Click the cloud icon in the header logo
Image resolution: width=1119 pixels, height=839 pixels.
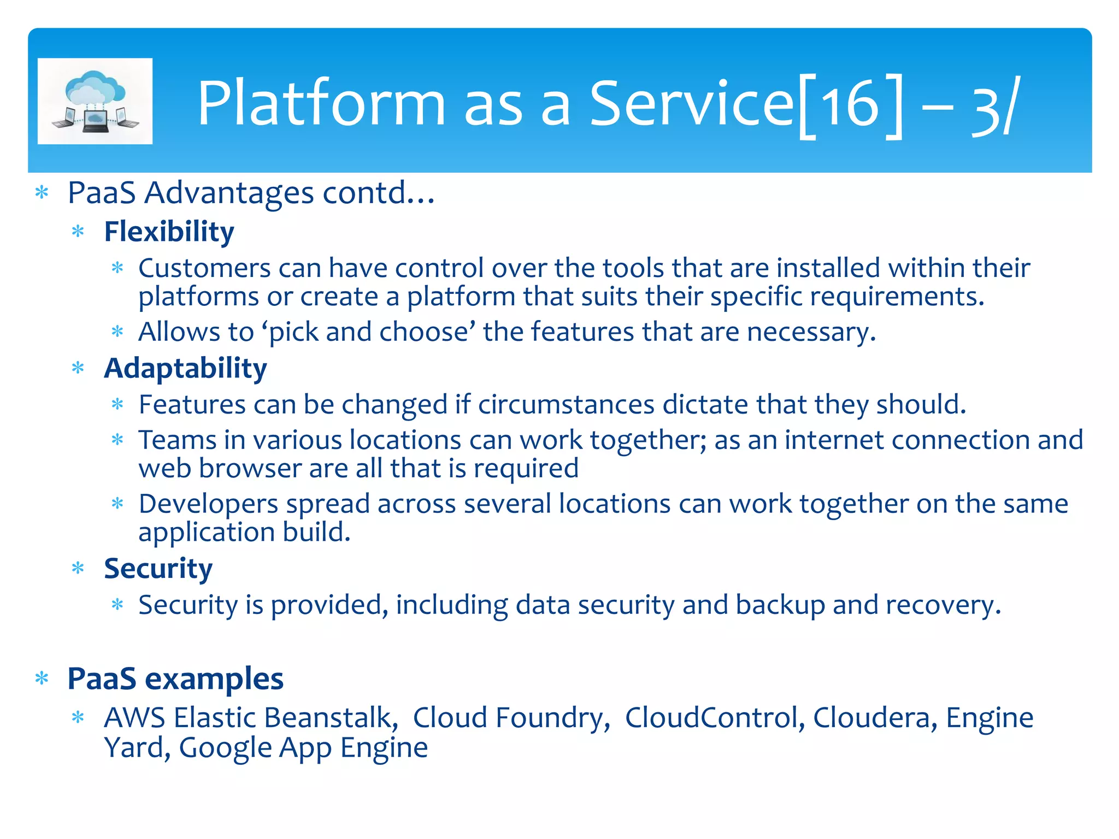pos(95,87)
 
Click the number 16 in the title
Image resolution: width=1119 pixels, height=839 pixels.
pos(850,104)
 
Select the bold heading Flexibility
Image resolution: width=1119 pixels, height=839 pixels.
pos(169,232)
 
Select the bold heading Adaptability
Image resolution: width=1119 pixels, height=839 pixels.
pos(185,368)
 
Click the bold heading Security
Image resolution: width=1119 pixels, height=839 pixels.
pos(158,569)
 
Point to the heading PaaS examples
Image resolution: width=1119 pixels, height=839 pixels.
pos(175,679)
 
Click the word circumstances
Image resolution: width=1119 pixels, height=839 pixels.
pos(566,405)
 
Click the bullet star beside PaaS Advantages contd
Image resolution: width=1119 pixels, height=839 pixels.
pos(42,193)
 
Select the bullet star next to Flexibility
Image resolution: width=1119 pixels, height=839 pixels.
pos(78,232)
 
